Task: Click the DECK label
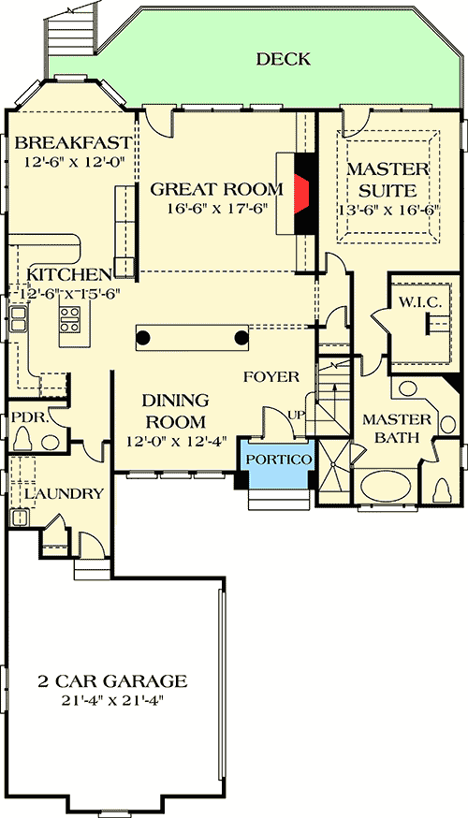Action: [x=284, y=60]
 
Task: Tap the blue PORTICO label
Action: [x=278, y=460]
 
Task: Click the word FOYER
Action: [x=271, y=377]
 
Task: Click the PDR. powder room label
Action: [x=25, y=413]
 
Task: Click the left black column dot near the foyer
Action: [x=143, y=335]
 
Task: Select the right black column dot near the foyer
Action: [x=241, y=335]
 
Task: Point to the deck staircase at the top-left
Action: [x=70, y=37]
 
